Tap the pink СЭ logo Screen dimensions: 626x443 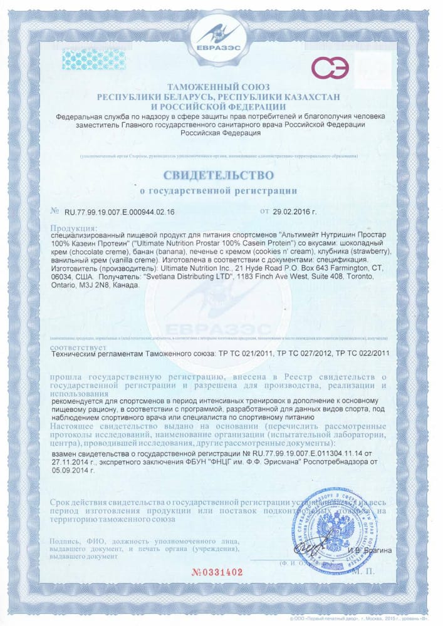(x=330, y=69)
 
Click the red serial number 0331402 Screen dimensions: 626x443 (x=220, y=572)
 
